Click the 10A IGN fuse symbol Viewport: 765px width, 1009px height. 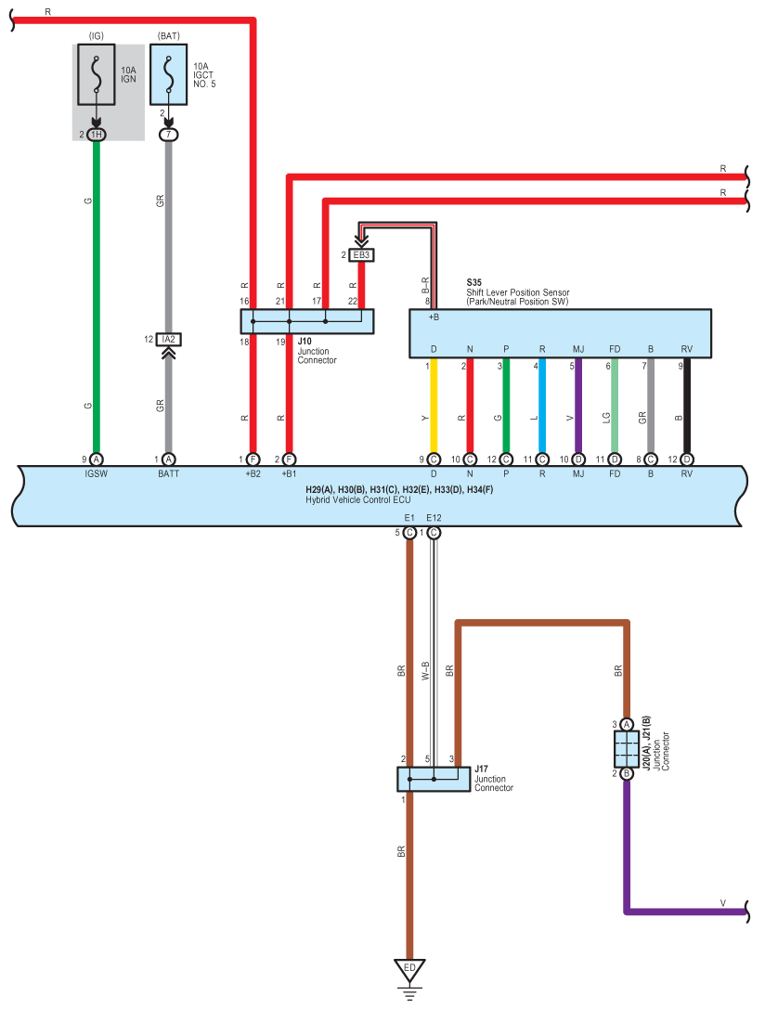tap(97, 74)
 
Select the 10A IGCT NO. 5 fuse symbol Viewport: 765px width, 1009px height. tap(169, 74)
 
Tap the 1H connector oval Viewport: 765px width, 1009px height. tap(97, 135)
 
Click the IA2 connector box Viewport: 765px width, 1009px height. tap(169, 339)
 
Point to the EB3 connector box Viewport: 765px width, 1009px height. tap(361, 255)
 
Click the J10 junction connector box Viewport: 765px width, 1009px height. tap(307, 321)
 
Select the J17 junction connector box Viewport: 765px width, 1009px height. tap(434, 779)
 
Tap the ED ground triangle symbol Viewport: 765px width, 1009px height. tap(409, 970)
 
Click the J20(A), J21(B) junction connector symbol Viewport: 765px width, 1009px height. tap(627, 749)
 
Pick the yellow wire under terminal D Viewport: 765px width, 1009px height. tap(434, 406)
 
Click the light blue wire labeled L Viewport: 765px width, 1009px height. tap(542, 406)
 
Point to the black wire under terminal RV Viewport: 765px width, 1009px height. tap(687, 406)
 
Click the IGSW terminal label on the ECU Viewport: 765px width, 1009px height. tap(97, 473)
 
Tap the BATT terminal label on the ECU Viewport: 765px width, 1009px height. tap(169, 473)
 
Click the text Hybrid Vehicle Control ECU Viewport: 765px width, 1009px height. tap(357, 499)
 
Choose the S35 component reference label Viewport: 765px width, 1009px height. tap(474, 282)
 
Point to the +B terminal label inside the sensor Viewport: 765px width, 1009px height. tap(434, 317)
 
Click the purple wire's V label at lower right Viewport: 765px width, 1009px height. tap(723, 903)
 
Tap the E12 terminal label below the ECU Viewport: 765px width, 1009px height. tap(434, 517)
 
